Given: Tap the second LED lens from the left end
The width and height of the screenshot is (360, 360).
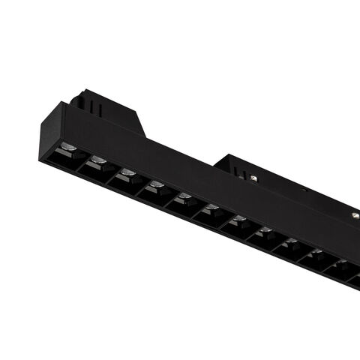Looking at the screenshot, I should tap(97, 159).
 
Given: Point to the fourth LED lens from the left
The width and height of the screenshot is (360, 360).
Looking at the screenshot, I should tap(156, 184).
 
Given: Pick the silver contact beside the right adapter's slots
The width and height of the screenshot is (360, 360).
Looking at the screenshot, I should tap(256, 177).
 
